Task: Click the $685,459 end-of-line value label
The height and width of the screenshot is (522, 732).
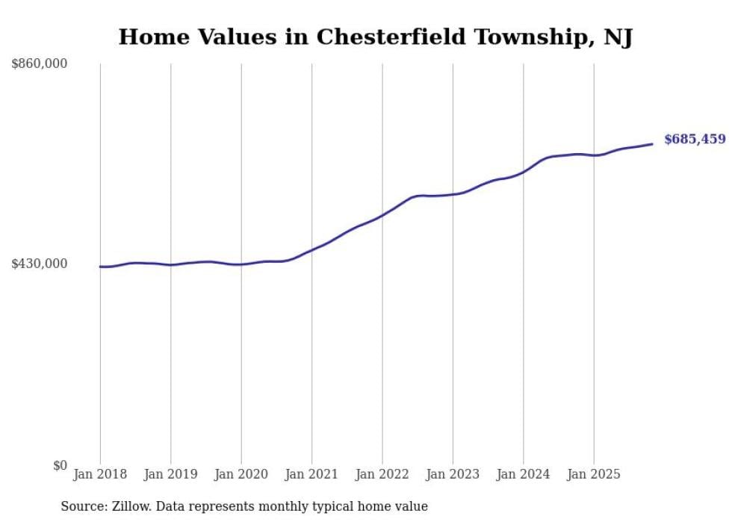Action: coord(694,139)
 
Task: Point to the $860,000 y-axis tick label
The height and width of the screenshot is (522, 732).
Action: coord(40,64)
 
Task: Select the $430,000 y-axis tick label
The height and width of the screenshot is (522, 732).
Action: coord(40,264)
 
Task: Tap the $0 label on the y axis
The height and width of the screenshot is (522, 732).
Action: coord(60,466)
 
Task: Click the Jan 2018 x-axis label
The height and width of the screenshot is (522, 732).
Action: coord(100,474)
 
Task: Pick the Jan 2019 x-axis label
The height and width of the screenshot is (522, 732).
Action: coord(170,474)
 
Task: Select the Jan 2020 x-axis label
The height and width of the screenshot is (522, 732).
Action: coord(241,474)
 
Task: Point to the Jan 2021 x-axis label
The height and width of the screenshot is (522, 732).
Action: coord(311,474)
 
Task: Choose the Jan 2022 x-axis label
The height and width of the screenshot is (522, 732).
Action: coord(382,474)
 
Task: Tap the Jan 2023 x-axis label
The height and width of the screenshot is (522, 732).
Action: coord(453,474)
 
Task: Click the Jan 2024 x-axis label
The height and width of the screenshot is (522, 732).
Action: coord(524,474)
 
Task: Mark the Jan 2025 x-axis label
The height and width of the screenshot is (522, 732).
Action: coord(594,474)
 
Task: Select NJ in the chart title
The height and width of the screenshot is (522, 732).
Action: coord(618,37)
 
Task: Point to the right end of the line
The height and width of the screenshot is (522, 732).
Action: coord(653,144)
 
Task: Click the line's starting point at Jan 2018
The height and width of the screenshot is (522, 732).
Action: coord(100,267)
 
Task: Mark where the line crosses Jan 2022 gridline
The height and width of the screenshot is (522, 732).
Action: coord(382,215)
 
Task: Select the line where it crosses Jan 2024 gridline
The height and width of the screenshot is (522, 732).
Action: coord(524,171)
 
